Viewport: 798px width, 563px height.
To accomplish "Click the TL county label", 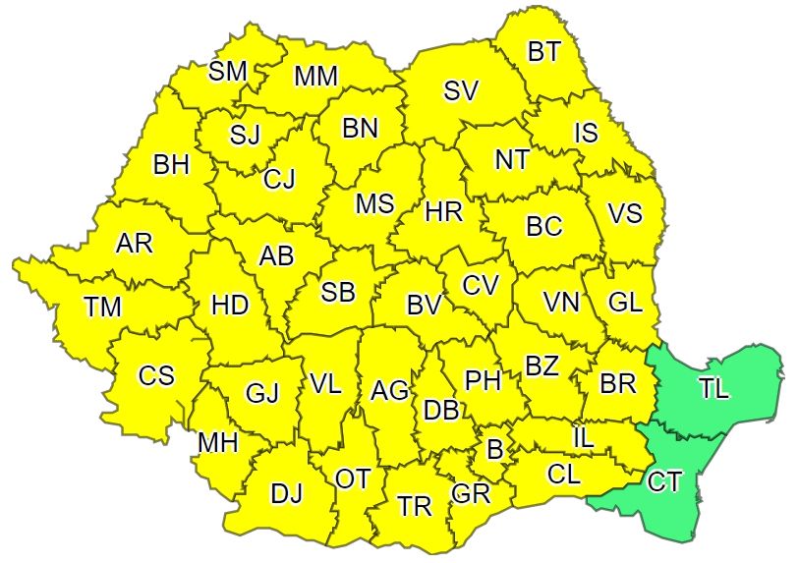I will pyautogui.click(x=714, y=388).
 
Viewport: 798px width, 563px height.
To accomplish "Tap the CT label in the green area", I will pyautogui.click(x=664, y=481).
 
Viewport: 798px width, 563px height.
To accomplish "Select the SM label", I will pyautogui.click(x=227, y=71).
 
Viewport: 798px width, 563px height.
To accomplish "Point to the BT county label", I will pyautogui.click(x=543, y=52).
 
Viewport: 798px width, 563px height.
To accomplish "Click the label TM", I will pyautogui.click(x=102, y=308).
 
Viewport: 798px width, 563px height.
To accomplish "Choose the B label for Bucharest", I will pyautogui.click(x=494, y=450).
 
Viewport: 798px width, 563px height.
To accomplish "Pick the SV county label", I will pyautogui.click(x=461, y=91).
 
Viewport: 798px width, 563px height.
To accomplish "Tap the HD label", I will pyautogui.click(x=230, y=306).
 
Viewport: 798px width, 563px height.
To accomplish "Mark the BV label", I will pyautogui.click(x=423, y=306).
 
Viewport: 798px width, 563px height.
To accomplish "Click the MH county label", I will pyautogui.click(x=217, y=443).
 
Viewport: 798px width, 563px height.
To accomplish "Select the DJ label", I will pyautogui.click(x=286, y=494).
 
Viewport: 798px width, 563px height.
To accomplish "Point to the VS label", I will pyautogui.click(x=626, y=212).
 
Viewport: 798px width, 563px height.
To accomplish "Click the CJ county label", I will pyautogui.click(x=279, y=180).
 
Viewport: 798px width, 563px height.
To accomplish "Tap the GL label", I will pyautogui.click(x=625, y=303).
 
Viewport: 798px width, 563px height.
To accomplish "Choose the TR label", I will pyautogui.click(x=415, y=506).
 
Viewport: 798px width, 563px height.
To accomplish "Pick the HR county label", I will pyautogui.click(x=445, y=209).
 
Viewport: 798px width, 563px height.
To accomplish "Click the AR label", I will pyautogui.click(x=135, y=244).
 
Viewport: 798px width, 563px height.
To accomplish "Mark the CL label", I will pyautogui.click(x=564, y=475).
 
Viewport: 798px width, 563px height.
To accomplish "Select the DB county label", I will pyautogui.click(x=441, y=411).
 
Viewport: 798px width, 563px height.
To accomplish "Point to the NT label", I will pyautogui.click(x=511, y=160).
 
